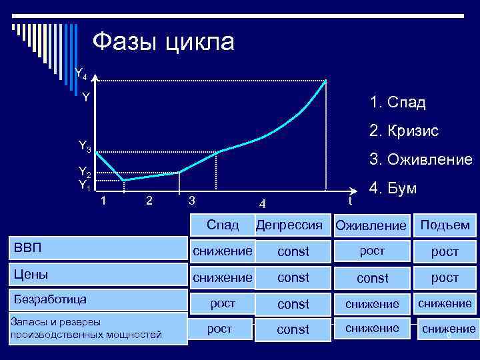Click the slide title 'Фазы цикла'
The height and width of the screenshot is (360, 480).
163,42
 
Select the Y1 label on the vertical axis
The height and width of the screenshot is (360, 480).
85,185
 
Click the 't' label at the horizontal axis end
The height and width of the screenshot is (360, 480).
349,199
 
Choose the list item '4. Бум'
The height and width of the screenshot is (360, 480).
394,189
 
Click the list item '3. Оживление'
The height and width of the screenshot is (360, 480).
421,160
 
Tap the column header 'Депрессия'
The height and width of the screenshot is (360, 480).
293,225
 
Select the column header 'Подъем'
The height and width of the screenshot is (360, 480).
445,225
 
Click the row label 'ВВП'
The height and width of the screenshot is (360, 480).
28,249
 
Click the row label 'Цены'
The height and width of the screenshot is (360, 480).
31,274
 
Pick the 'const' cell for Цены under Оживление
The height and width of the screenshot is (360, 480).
371,277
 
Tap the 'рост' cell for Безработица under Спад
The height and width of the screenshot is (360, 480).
223,303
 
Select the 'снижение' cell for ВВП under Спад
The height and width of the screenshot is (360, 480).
223,251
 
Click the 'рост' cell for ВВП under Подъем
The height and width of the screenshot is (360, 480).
445,251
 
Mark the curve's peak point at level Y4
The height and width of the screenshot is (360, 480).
325,81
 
